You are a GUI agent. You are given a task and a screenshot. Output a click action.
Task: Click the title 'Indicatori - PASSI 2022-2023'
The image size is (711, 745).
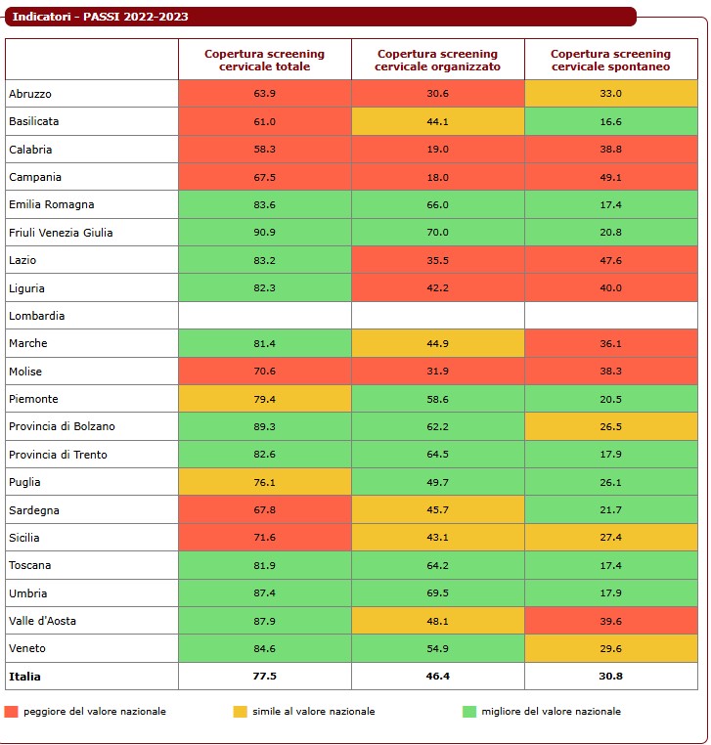(101, 17)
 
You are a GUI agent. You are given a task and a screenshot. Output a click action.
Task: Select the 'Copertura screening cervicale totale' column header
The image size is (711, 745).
(264, 60)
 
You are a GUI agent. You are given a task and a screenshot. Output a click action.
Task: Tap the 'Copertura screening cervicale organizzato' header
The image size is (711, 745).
(437, 60)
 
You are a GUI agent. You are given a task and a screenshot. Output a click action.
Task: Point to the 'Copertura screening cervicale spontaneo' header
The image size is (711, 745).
(610, 60)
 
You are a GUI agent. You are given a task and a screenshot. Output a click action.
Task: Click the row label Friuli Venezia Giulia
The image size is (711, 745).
(61, 233)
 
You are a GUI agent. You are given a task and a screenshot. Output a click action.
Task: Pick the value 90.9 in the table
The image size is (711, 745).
(264, 233)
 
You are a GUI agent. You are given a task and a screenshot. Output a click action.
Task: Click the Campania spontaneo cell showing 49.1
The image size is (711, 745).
(610, 177)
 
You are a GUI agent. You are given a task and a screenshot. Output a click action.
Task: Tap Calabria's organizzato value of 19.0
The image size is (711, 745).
(437, 150)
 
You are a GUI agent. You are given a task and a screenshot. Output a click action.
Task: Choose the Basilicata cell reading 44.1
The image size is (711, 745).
(437, 121)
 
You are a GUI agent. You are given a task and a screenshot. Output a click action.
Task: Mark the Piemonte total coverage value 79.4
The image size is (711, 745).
(264, 399)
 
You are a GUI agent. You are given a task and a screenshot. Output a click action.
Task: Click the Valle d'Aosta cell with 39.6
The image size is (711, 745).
(610, 621)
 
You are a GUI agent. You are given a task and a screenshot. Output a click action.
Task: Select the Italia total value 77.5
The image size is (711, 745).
(264, 676)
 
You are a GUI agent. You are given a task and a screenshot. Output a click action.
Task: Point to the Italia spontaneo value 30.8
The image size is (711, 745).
(610, 676)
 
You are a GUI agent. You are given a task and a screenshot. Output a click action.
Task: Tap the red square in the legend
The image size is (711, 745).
(12, 711)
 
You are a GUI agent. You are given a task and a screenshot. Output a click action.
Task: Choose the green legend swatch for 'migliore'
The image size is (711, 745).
(469, 711)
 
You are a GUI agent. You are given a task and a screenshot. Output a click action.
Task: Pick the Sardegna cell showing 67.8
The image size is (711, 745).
(264, 510)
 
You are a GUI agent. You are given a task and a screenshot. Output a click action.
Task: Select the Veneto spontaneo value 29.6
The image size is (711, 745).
(610, 648)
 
